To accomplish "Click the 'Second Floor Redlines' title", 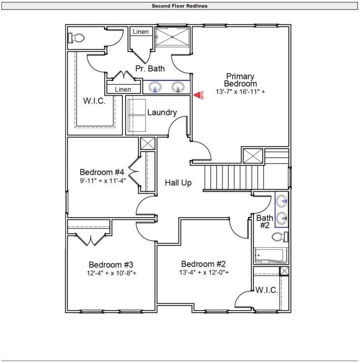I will click(x=180, y=6).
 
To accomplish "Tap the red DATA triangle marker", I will click(x=196, y=95).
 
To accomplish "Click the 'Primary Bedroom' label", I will click(x=240, y=80).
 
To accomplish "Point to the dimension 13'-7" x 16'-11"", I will click(x=240, y=92).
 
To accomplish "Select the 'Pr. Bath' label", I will click(x=150, y=68).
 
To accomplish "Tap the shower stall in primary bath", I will click(x=173, y=37).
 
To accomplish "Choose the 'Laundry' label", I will click(x=162, y=113).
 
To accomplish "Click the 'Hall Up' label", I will click(x=178, y=182).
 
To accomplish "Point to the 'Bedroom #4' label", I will click(x=102, y=172).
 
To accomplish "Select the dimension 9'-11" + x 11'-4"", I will click(x=102, y=181).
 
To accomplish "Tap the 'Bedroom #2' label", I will click(x=203, y=264).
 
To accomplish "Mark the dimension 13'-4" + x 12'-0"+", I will click(x=204, y=273).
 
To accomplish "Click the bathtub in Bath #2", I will click(x=271, y=256).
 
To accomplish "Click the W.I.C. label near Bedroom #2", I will click(x=266, y=290).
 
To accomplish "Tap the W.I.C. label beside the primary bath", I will click(x=94, y=101).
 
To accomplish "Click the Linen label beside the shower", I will click(x=140, y=32).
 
